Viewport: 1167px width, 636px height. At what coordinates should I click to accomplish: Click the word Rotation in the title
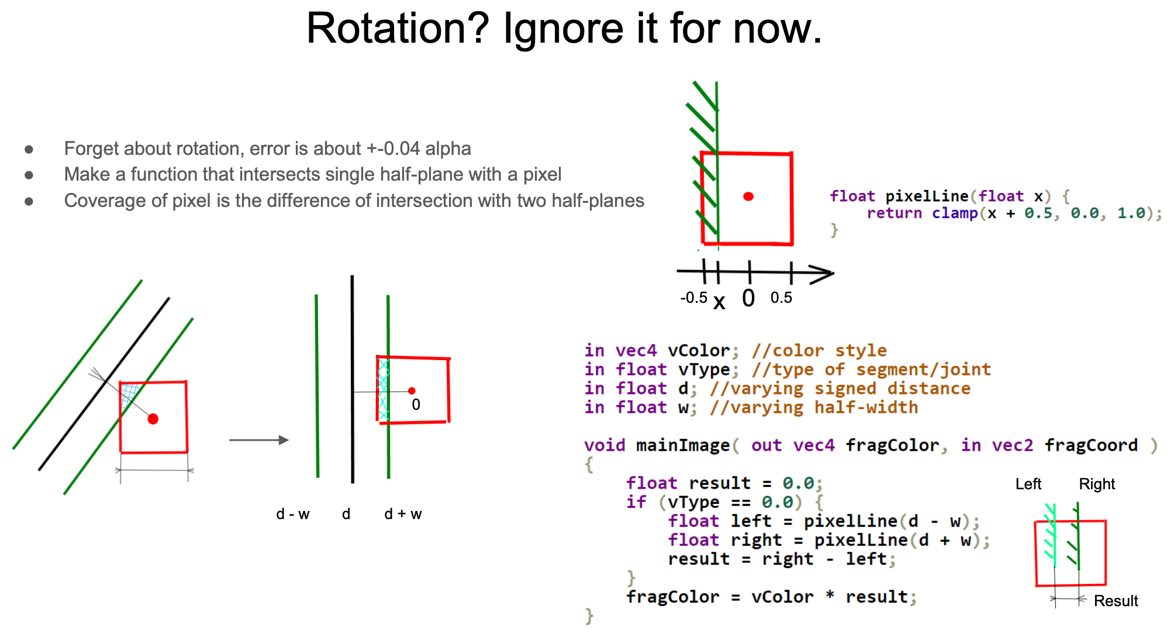point(398,28)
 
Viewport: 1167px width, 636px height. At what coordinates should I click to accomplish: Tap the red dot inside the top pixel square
point(748,196)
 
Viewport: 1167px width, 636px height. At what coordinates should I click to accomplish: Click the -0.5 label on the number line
point(694,298)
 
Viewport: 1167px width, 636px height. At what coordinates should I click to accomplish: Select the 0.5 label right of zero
point(781,298)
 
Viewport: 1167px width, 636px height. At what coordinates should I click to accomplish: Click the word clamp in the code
point(955,213)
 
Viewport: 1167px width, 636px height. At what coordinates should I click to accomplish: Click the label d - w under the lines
point(293,514)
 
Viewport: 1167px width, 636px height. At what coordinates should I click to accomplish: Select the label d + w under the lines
point(403,514)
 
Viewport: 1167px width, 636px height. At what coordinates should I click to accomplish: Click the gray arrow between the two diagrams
point(259,440)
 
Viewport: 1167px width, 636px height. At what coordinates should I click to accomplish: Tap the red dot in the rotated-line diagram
point(153,419)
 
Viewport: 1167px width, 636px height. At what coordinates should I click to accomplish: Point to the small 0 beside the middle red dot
point(416,405)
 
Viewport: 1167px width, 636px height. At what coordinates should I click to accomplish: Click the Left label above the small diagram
point(1028,484)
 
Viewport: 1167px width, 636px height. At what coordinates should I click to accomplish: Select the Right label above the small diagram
point(1097,484)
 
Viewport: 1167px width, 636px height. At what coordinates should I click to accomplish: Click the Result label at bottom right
point(1116,601)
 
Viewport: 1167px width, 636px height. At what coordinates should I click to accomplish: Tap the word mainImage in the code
point(683,445)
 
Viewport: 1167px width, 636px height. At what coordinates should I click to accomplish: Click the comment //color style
point(819,351)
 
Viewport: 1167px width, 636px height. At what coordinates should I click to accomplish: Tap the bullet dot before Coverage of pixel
point(29,201)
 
